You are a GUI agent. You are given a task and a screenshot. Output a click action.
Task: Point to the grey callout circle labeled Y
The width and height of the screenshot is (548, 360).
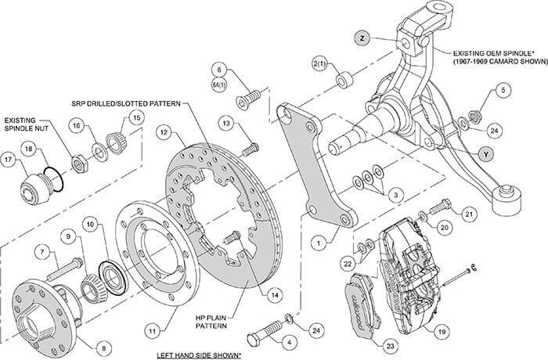[x=486, y=154]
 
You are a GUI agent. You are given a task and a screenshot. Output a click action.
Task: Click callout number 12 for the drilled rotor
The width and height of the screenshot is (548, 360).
[x=164, y=133]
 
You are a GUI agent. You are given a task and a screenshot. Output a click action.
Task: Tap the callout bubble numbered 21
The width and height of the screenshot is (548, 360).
[x=470, y=213]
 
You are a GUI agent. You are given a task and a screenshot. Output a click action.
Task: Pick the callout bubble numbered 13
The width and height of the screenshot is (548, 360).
[x=225, y=124]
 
